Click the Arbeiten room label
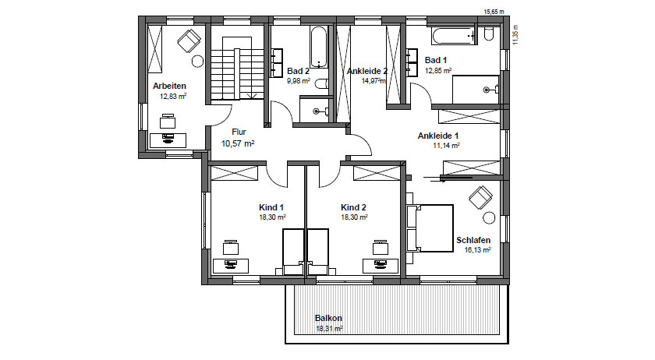pos(169,86)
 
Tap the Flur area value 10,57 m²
pos(238,143)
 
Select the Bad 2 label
pos(298,72)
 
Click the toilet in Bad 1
pos(489,34)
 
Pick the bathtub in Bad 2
pos(318,48)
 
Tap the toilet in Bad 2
pos(321,84)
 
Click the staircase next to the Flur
pos(237,69)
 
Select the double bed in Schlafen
pos(430,228)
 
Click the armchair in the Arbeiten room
pos(189,41)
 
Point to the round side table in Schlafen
pos(489,218)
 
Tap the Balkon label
pos(328,318)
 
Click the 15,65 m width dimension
pos(494,12)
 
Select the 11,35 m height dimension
pos(515,34)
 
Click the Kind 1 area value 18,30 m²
pos(272,217)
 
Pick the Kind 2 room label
pos(353,207)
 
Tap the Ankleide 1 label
pos(437,136)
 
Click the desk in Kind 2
pos(381,266)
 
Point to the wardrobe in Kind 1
pos(234,173)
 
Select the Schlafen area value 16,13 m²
pos(477,250)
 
